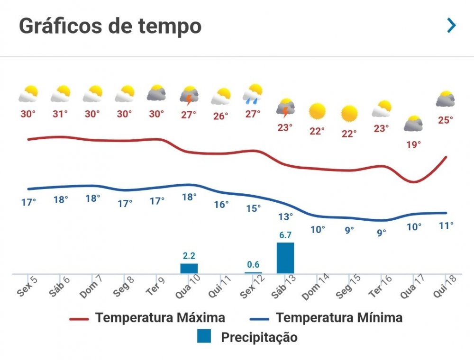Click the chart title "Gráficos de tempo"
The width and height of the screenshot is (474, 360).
[110, 26]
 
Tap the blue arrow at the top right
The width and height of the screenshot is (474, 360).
[451, 26]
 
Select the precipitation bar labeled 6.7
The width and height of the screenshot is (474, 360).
[285, 258]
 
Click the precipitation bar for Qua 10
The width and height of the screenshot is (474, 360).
[189, 268]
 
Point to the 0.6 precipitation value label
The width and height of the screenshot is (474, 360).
[253, 265]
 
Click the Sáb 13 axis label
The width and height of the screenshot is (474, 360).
[283, 286]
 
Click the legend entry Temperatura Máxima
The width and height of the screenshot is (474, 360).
[147, 317]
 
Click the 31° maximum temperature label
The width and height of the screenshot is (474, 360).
[60, 114]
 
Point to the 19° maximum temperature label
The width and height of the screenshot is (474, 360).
[413, 144]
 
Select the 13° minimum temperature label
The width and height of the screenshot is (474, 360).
[285, 216]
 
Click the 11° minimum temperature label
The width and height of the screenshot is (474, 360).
[446, 225]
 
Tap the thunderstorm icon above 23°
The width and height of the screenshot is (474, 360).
[285, 108]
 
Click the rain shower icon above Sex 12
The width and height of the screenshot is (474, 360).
[253, 94]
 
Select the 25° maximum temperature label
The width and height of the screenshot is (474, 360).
[446, 120]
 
